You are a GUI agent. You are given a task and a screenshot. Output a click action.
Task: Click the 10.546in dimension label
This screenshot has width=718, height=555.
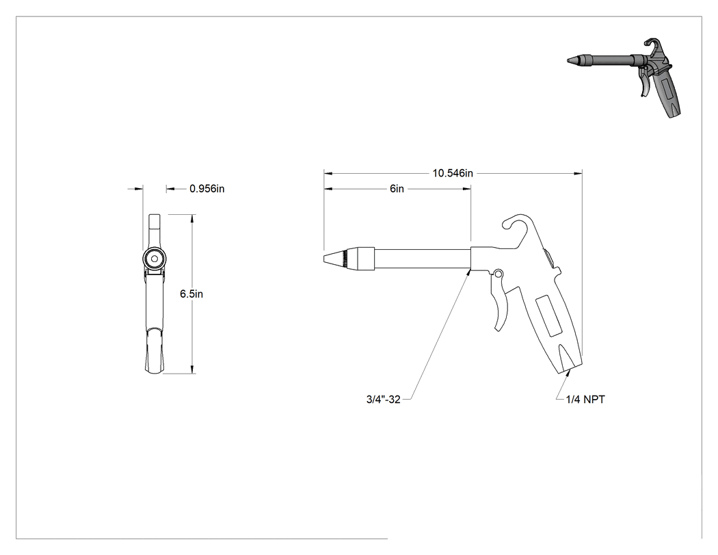[453, 173]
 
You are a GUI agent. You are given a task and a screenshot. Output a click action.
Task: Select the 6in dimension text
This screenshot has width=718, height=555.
[397, 189]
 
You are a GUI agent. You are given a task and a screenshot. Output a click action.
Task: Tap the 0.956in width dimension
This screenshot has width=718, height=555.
[207, 189]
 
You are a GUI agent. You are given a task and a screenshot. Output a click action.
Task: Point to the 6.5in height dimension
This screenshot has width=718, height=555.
[191, 294]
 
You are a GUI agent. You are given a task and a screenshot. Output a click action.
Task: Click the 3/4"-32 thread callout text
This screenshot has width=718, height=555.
[383, 400]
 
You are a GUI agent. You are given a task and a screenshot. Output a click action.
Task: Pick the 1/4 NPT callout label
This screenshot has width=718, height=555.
[585, 400]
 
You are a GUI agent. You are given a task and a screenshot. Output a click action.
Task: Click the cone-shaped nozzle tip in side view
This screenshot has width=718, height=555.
[333, 258]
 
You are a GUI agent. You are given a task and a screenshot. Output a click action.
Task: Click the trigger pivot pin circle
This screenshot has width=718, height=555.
[498, 274]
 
